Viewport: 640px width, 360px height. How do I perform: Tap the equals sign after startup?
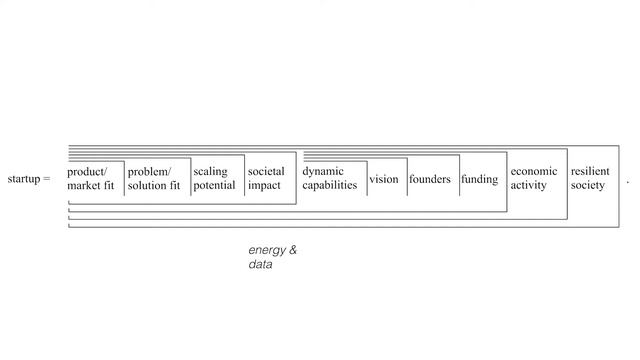click(x=46, y=179)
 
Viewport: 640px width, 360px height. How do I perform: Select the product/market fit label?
click(x=91, y=178)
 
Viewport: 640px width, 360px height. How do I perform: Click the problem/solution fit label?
click(x=154, y=178)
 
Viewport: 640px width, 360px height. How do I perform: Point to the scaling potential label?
click(x=214, y=178)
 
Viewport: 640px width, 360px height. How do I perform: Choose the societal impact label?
click(x=266, y=178)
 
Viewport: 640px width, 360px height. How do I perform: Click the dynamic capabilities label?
click(x=329, y=178)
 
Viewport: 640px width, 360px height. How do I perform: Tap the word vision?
click(x=383, y=180)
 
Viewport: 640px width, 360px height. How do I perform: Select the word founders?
click(x=429, y=180)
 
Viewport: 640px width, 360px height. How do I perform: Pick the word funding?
click(x=479, y=180)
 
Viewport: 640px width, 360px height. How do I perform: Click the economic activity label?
click(x=533, y=178)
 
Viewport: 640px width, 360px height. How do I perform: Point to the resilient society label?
click(x=590, y=178)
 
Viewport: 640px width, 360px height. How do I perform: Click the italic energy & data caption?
click(x=272, y=257)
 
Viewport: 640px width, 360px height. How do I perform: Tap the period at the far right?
click(x=628, y=181)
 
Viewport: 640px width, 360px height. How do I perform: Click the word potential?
click(x=214, y=185)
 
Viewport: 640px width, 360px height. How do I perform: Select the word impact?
click(x=264, y=185)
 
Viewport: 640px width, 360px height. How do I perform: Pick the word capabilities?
click(x=329, y=185)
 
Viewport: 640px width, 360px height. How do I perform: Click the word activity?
click(x=529, y=185)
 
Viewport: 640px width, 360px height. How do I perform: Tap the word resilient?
click(x=590, y=172)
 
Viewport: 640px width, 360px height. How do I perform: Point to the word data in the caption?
click(x=260, y=265)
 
